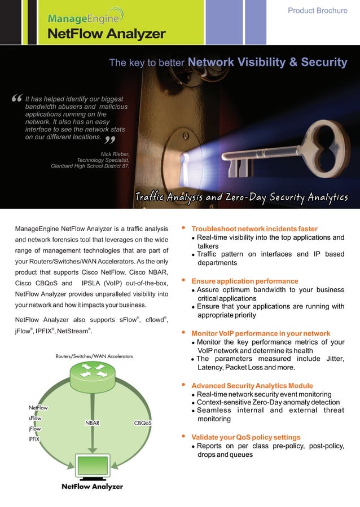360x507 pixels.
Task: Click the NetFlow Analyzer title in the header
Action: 106,34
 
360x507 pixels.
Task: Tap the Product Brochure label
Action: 318,11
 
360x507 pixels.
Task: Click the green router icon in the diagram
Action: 92,372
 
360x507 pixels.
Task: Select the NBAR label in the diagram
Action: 93,422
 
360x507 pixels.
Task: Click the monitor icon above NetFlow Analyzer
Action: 92,466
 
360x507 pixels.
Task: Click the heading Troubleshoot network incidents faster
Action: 254,228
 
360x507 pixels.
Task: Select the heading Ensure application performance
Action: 245,281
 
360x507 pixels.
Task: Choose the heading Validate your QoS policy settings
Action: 246,437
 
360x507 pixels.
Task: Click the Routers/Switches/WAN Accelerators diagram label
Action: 94,356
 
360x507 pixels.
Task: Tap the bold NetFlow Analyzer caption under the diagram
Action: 92,486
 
